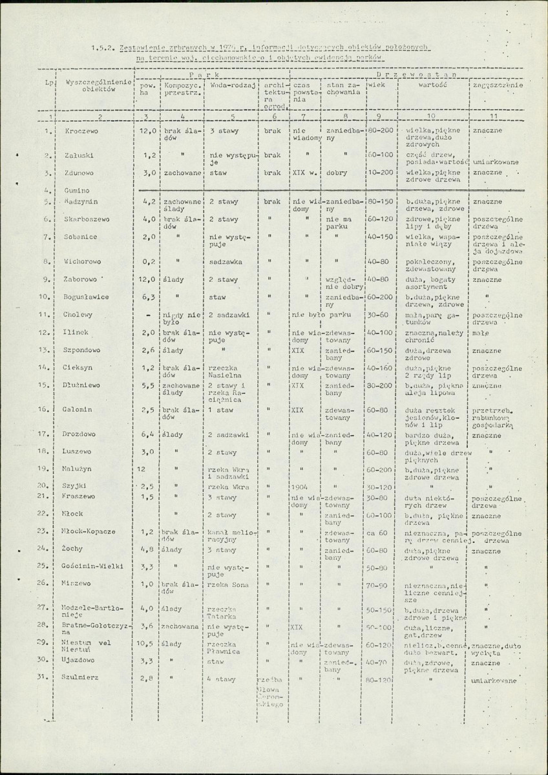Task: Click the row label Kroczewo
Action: (x=79, y=131)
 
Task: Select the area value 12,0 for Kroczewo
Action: (x=149, y=131)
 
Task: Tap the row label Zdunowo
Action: (x=78, y=173)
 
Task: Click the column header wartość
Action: (x=429, y=85)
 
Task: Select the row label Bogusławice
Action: (x=86, y=297)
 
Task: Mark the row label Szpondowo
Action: (x=82, y=350)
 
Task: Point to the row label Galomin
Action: (x=78, y=409)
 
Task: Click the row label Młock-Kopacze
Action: (x=90, y=531)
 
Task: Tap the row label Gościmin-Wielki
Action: (x=94, y=566)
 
